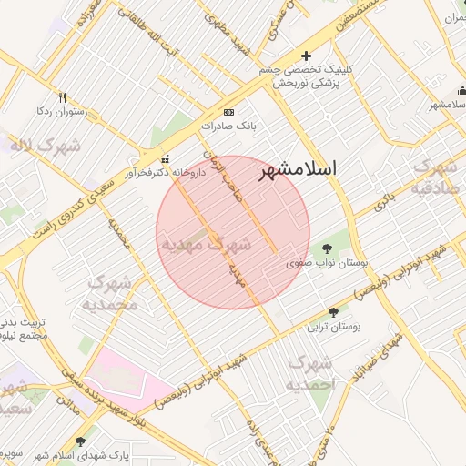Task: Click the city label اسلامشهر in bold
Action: coord(298,169)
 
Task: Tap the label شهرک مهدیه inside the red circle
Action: coord(206,244)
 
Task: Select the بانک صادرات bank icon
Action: coord(228,112)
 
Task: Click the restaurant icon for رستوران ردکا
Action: coord(62,97)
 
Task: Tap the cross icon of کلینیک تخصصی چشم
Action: coord(306,56)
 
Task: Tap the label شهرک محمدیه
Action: coord(113,293)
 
